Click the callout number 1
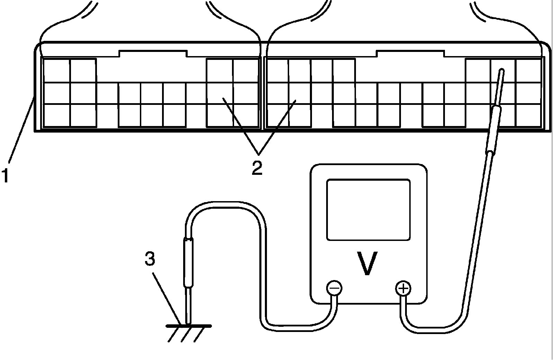click(6, 175)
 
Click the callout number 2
click(257, 168)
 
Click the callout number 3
click(149, 259)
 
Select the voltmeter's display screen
click(368, 209)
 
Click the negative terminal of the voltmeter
click(334, 288)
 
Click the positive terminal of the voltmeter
click(403, 288)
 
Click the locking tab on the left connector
click(153, 54)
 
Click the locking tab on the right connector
click(410, 54)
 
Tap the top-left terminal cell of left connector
click(56, 71)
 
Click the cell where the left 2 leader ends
click(220, 93)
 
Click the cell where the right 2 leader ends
click(300, 93)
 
